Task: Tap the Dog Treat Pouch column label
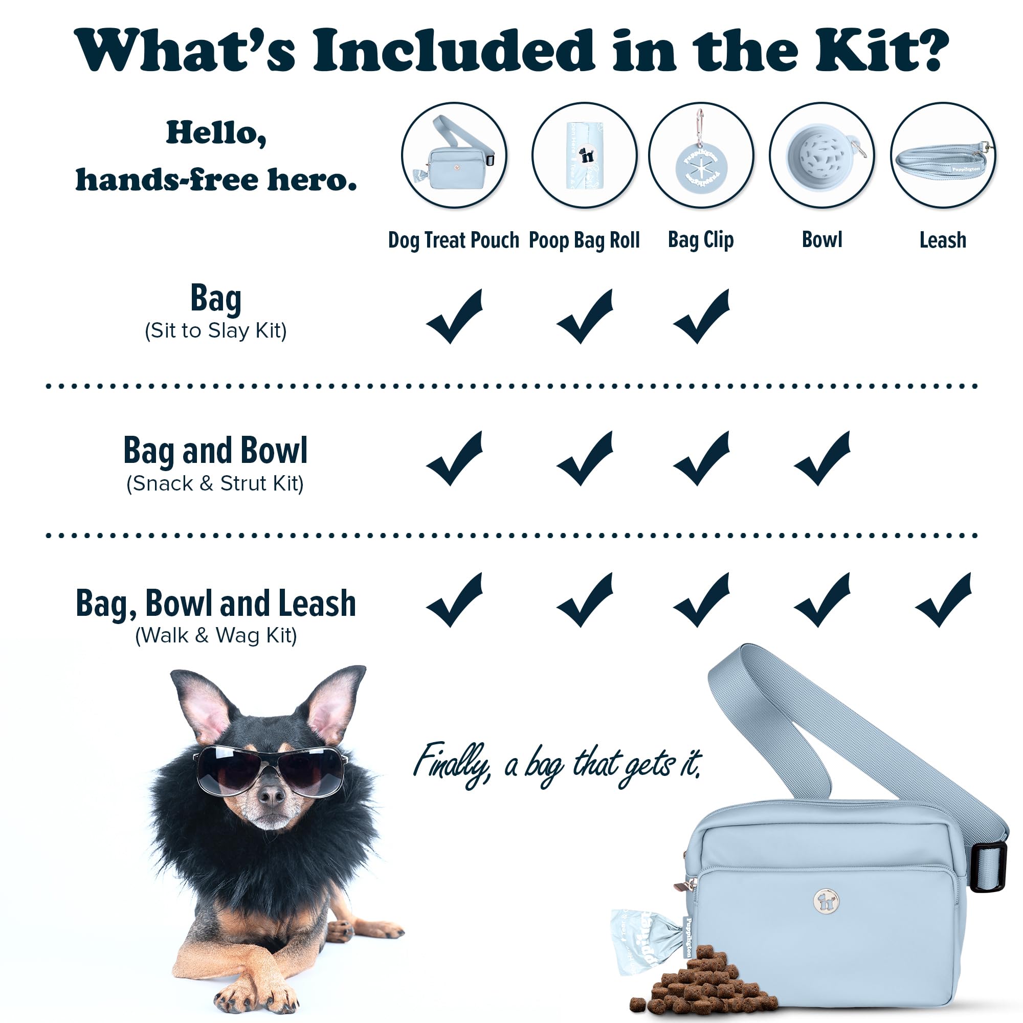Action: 453,240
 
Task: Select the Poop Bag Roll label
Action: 584,240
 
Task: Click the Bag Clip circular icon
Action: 701,155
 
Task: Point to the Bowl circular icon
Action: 822,155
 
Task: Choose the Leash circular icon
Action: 943,155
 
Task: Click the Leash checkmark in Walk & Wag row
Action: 943,601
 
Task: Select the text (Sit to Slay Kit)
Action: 215,331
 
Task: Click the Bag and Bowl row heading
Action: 215,451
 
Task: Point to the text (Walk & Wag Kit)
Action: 216,635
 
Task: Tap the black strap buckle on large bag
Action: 988,868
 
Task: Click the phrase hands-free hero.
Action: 216,180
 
